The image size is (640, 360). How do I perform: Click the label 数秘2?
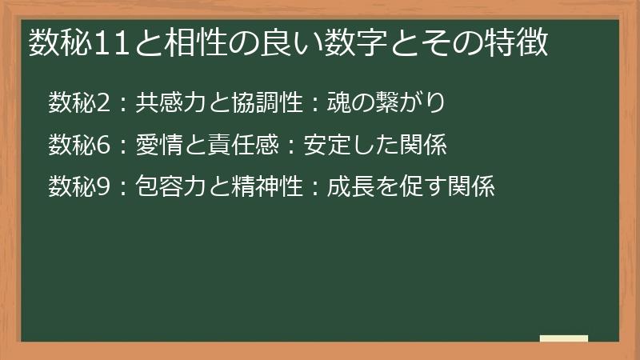coord(77,103)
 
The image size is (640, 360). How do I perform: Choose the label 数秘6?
coord(77,145)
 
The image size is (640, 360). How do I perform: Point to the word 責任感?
coord(238,145)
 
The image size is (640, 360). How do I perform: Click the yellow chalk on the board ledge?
coord(564,338)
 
